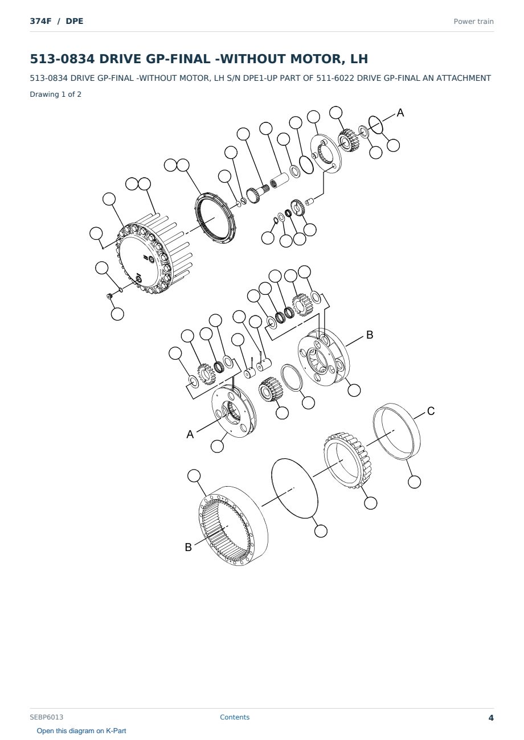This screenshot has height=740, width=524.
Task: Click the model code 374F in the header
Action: (40, 21)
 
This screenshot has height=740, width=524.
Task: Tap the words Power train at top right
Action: (473, 22)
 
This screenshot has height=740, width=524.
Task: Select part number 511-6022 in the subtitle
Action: (335, 79)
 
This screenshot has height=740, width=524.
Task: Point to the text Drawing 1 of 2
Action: (56, 94)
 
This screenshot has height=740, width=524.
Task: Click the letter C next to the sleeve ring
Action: (431, 411)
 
